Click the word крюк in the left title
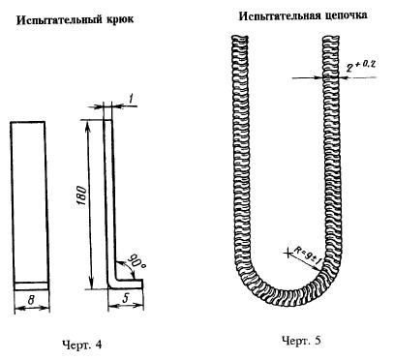coord(119,19)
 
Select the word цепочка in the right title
coord(345,15)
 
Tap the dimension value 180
coord(82,195)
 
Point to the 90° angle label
coord(136,260)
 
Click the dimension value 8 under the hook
coord(31,300)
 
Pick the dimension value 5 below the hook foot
coord(125,299)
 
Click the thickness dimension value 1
coord(131,99)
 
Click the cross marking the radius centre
coord(288,254)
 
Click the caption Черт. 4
coord(81,345)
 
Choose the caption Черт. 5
coord(301,341)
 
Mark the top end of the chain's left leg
coord(240,36)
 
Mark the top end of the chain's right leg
coord(331,36)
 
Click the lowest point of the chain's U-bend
coord(287,303)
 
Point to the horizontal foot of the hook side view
coord(127,285)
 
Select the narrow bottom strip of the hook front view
coord(32,286)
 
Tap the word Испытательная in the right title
coord(279,15)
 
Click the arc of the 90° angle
coord(129,266)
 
